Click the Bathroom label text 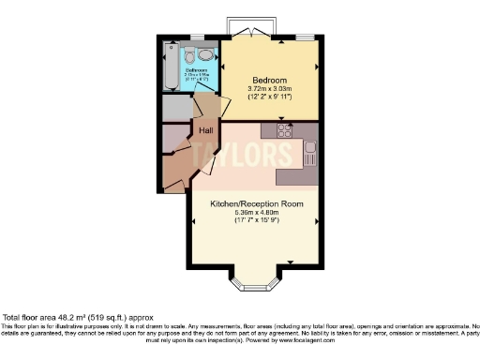coord(196,70)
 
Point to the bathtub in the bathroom coord(171,67)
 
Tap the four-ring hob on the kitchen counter coord(286,132)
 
